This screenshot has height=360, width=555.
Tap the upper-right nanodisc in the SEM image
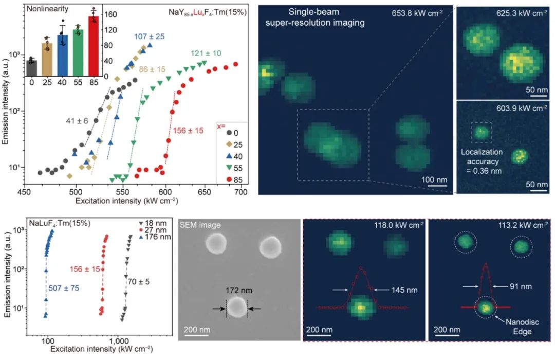[x=270, y=247]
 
